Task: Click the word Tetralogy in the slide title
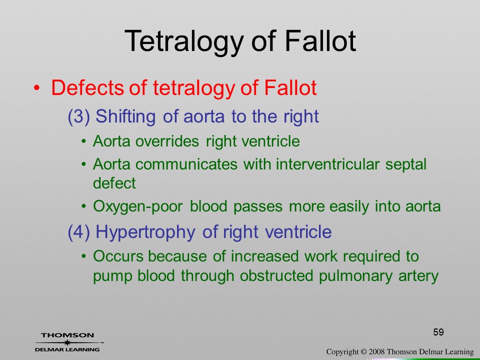click(x=184, y=42)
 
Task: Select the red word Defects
click(x=87, y=87)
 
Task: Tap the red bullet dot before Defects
click(x=36, y=88)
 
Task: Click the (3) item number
click(x=79, y=116)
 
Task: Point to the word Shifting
click(x=126, y=116)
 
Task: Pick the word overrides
click(x=167, y=141)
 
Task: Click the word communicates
click(x=186, y=164)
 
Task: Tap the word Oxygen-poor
click(x=138, y=206)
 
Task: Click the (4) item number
click(x=79, y=232)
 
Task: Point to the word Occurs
click(x=118, y=256)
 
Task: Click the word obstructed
click(x=276, y=275)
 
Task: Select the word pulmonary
click(x=355, y=276)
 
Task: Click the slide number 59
click(x=438, y=332)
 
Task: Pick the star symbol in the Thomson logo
click(x=67, y=342)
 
